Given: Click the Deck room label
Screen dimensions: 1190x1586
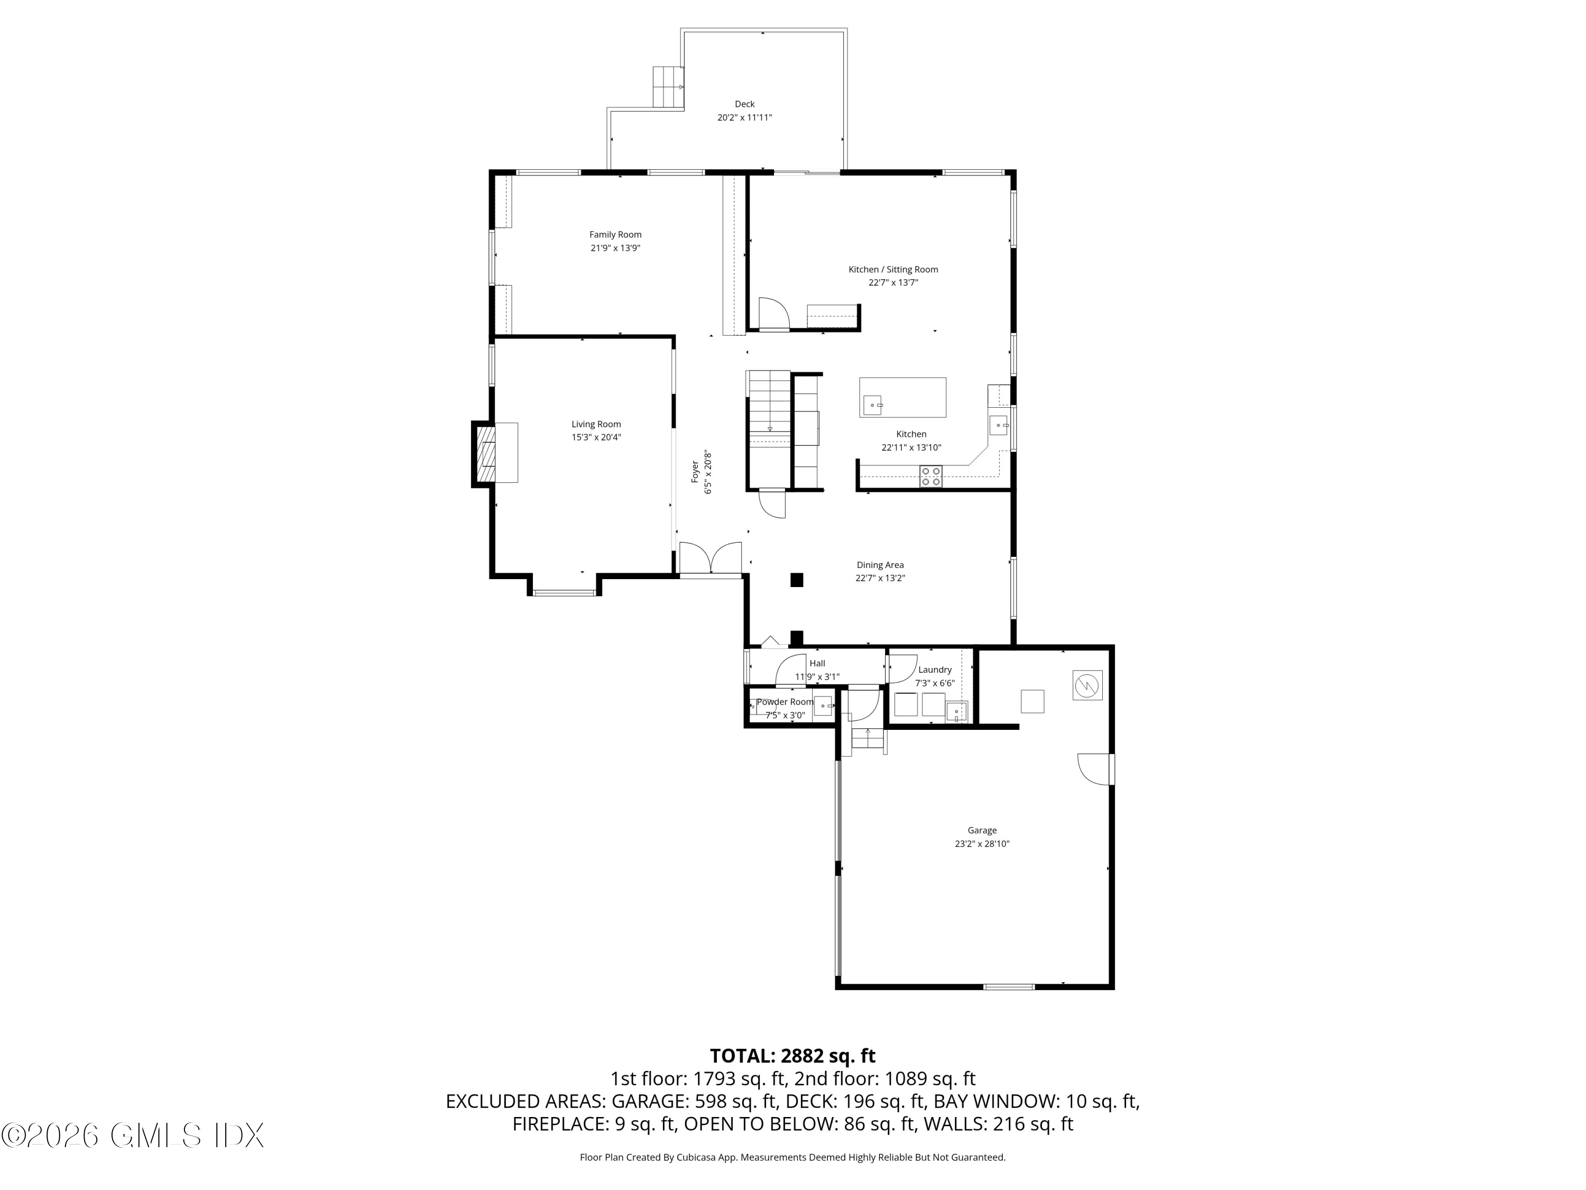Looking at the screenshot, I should tap(744, 104).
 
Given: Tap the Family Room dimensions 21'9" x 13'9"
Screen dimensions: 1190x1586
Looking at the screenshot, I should tap(615, 248).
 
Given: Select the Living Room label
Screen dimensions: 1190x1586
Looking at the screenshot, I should tap(596, 424).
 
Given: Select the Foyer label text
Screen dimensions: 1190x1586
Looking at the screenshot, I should tap(695, 471).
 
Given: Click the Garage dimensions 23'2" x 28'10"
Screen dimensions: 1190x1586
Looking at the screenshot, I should tap(982, 844).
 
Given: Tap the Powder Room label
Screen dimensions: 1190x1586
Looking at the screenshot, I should tap(785, 701).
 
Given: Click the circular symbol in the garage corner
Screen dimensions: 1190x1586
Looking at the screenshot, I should tap(1087, 685).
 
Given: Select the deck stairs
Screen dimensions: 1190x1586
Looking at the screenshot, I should tap(667, 87).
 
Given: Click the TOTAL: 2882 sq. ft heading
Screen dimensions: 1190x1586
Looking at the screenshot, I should tap(792, 1056).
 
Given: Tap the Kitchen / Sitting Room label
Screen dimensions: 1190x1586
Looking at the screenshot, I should tap(893, 269).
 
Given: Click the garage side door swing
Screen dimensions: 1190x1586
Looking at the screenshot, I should tap(1094, 769).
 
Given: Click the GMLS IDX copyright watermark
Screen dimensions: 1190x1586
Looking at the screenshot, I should tap(133, 1135).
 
